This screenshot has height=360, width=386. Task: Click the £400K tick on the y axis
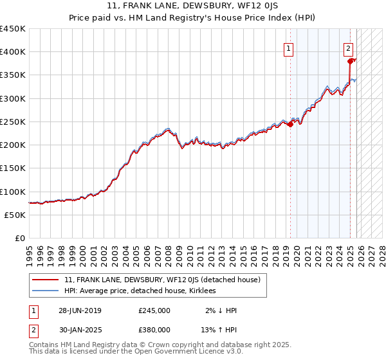tap(13, 52)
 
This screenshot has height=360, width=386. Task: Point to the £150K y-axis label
tap(13, 168)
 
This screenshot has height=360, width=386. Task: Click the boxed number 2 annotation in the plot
tap(348, 48)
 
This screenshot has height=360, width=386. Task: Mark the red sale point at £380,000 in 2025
tap(351, 61)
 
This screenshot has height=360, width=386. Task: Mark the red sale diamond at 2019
tap(290, 125)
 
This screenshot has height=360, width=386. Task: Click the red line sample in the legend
tap(46, 280)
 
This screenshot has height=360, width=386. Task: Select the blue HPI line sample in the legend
tap(46, 291)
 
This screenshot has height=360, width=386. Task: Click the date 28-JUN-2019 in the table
tap(80, 310)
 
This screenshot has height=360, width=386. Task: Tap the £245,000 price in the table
tap(154, 310)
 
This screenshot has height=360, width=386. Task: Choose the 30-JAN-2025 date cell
tap(80, 329)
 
